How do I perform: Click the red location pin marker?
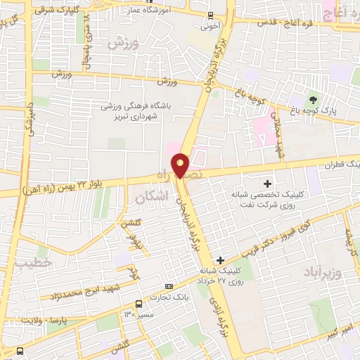point(181,165)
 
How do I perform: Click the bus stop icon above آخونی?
point(210,15)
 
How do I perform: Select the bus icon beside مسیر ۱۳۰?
point(139,304)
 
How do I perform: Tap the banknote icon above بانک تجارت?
point(168,287)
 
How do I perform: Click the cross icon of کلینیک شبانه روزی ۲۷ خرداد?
point(221,260)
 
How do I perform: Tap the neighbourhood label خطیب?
point(29,262)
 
